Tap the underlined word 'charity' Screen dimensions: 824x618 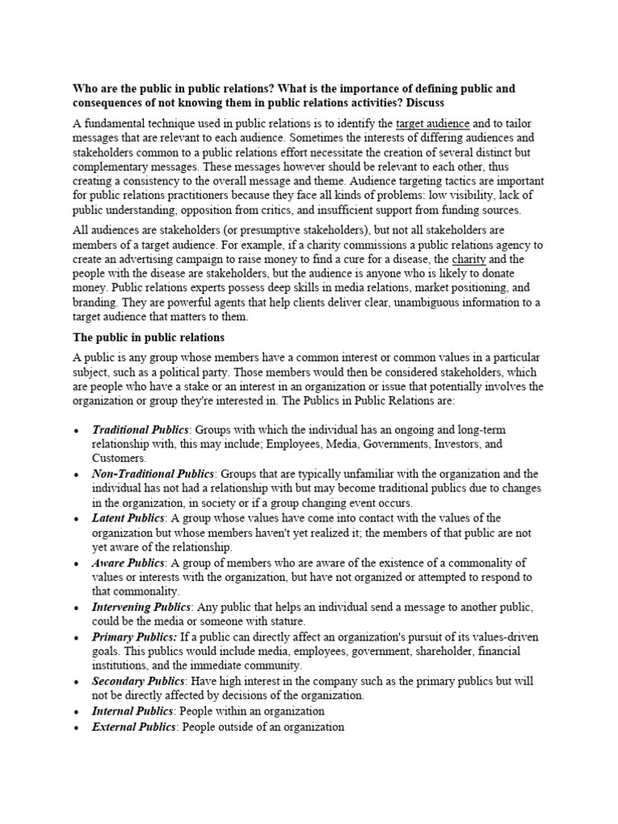coord(469,259)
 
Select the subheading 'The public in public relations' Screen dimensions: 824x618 coord(149,336)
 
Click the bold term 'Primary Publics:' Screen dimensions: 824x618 coord(134,637)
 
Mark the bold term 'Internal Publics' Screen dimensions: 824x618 coord(133,711)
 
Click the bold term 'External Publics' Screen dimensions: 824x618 coord(134,727)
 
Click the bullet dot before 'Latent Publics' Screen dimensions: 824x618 coord(76,518)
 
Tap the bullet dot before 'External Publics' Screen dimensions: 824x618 coord(76,727)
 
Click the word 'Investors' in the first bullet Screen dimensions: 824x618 coord(457,444)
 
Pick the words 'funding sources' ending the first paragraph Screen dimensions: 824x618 coord(479,210)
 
